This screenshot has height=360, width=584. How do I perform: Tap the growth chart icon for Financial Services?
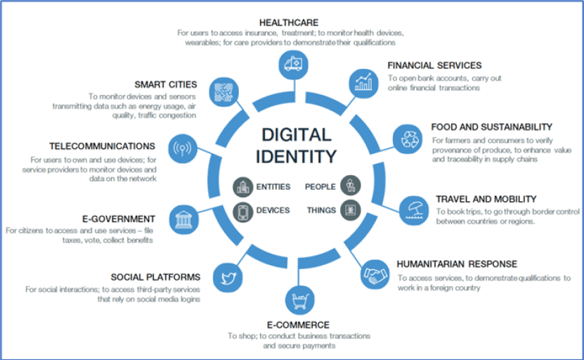tap(363, 82)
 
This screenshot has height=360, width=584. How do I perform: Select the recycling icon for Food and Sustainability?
tap(408, 139)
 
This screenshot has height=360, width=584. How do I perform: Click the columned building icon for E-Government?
tap(183, 217)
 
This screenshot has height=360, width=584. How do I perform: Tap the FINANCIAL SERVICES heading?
tap(434, 65)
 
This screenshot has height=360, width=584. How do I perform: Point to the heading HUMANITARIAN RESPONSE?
tap(457, 264)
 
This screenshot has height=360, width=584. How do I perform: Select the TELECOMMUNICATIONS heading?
tap(102, 146)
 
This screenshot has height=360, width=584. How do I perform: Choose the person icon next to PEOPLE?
tap(350, 187)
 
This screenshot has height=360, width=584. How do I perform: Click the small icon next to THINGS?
tap(350, 210)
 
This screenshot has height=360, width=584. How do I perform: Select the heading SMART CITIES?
tap(167, 84)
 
